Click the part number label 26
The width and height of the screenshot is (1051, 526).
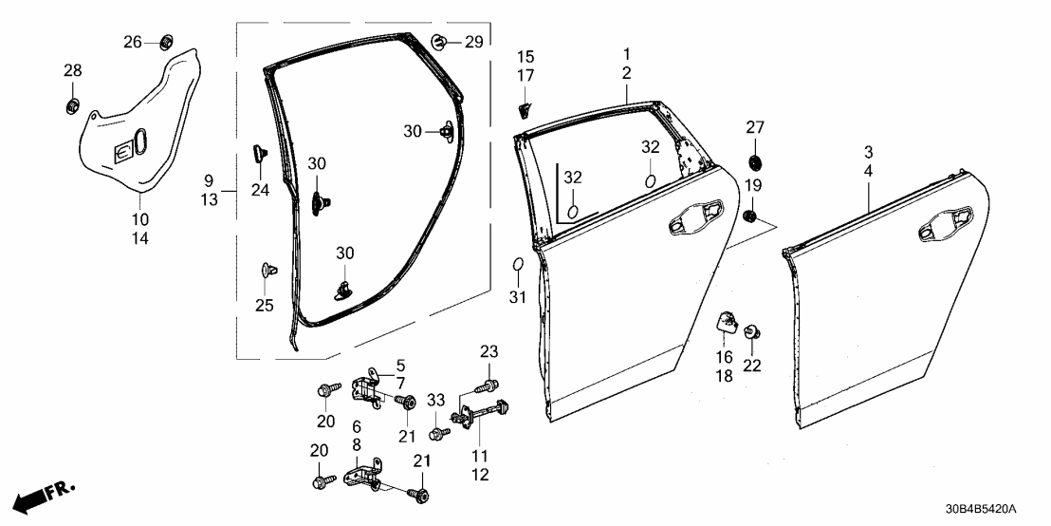[132, 41]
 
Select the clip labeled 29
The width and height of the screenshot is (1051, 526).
[442, 41]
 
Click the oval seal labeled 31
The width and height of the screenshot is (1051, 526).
[518, 264]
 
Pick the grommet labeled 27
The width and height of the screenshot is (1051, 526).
[756, 159]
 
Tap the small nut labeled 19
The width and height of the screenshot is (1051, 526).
[750, 217]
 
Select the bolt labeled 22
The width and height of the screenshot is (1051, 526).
[752, 332]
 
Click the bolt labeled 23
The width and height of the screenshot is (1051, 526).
[488, 386]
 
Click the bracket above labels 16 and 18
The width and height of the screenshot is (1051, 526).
[726, 323]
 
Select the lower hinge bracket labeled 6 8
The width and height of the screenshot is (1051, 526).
[369, 475]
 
